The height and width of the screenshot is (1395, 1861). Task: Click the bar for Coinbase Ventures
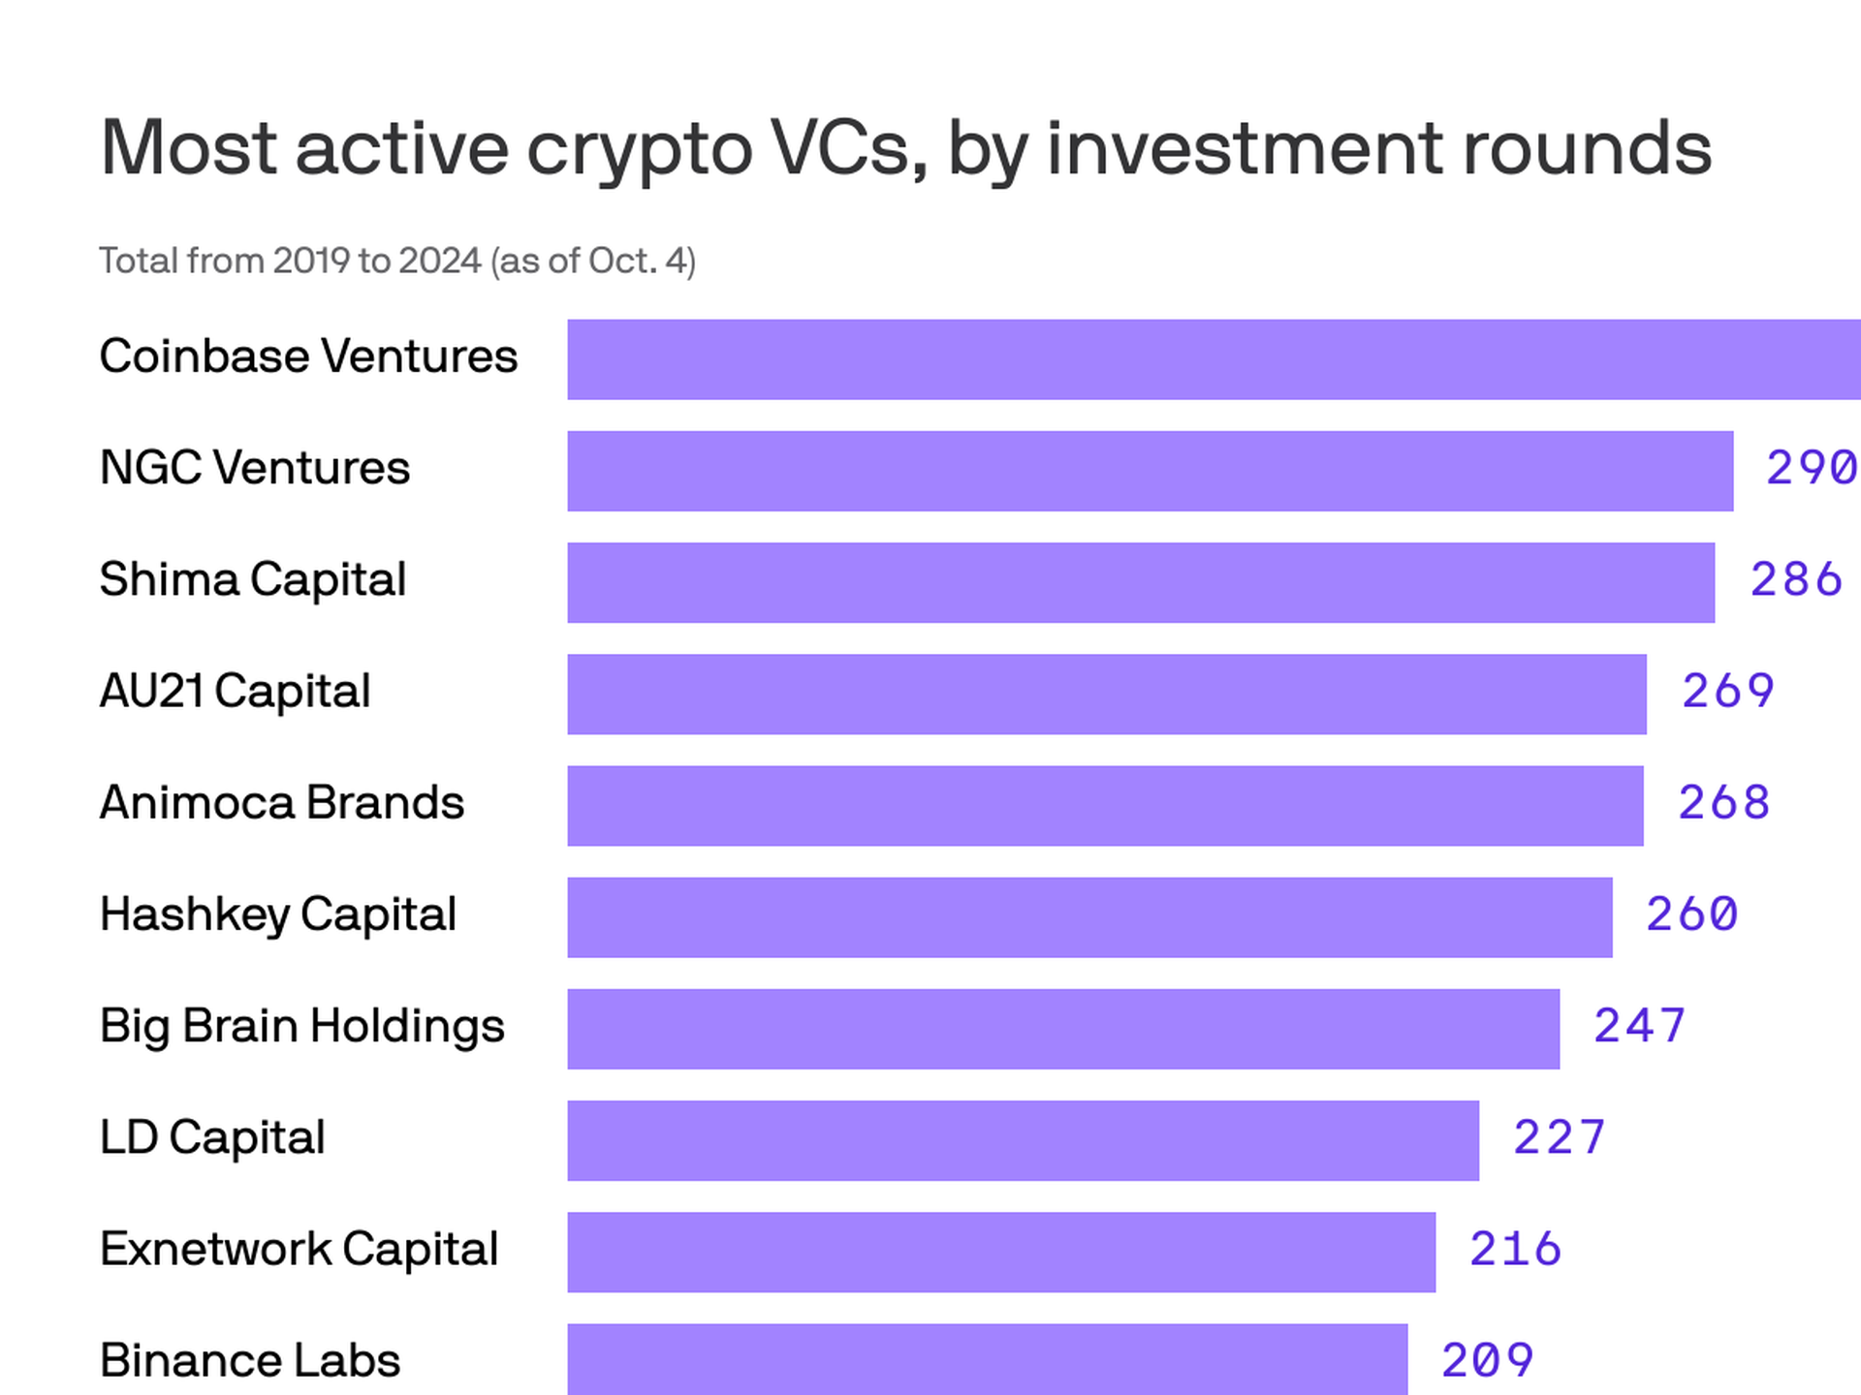[1212, 359]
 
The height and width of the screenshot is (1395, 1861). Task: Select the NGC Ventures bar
[1150, 471]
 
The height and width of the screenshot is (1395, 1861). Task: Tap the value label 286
[1795, 579]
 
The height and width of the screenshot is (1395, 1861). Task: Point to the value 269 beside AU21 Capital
[1727, 692]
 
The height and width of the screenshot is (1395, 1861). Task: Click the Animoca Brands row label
[281, 803]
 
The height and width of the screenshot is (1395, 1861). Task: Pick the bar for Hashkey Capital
[1089, 917]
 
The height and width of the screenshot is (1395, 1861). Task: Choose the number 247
[1639, 1026]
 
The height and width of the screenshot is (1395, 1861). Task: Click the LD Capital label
[211, 1137]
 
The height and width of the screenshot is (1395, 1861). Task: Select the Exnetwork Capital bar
[1000, 1252]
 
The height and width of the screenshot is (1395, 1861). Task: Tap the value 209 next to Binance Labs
[1487, 1360]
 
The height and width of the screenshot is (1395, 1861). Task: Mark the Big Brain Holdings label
[301, 1026]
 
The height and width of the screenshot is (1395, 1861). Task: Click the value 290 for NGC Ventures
[1810, 468]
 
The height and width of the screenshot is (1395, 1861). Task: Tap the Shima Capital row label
[252, 579]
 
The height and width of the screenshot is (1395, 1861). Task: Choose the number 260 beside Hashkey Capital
[1691, 914]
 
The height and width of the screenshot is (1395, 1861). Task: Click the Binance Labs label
[249, 1360]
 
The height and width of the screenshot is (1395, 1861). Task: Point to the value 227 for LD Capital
[1559, 1137]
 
